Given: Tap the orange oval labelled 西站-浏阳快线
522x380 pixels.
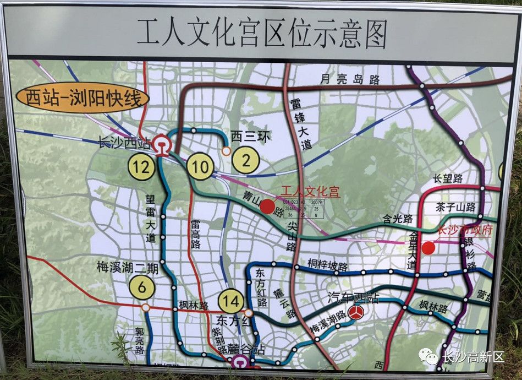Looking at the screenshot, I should point(83,99).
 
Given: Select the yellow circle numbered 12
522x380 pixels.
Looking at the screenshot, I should point(142,167).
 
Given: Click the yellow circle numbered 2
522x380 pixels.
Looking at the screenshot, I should point(245,160).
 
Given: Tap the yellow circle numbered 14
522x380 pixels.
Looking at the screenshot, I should point(232,301).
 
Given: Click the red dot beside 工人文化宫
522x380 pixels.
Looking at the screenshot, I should point(267,207).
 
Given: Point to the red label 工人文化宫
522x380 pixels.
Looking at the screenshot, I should point(310,192).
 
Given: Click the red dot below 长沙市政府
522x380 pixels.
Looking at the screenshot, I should point(428,248).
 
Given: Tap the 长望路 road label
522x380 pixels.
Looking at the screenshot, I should point(448,178).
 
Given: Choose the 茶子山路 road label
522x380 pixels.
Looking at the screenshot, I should point(454,207).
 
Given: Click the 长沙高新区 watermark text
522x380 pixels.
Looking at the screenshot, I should point(473,357).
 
